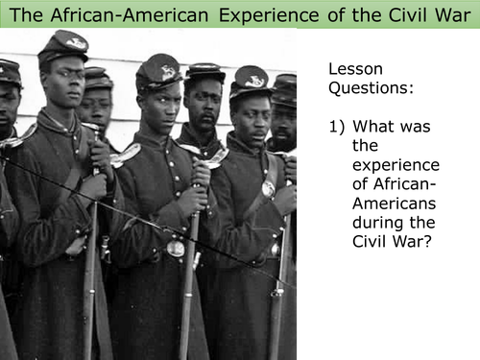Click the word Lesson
coord(354,71)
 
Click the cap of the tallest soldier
coord(61,44)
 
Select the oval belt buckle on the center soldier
coord(176,248)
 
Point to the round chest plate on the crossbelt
coord(269,188)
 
